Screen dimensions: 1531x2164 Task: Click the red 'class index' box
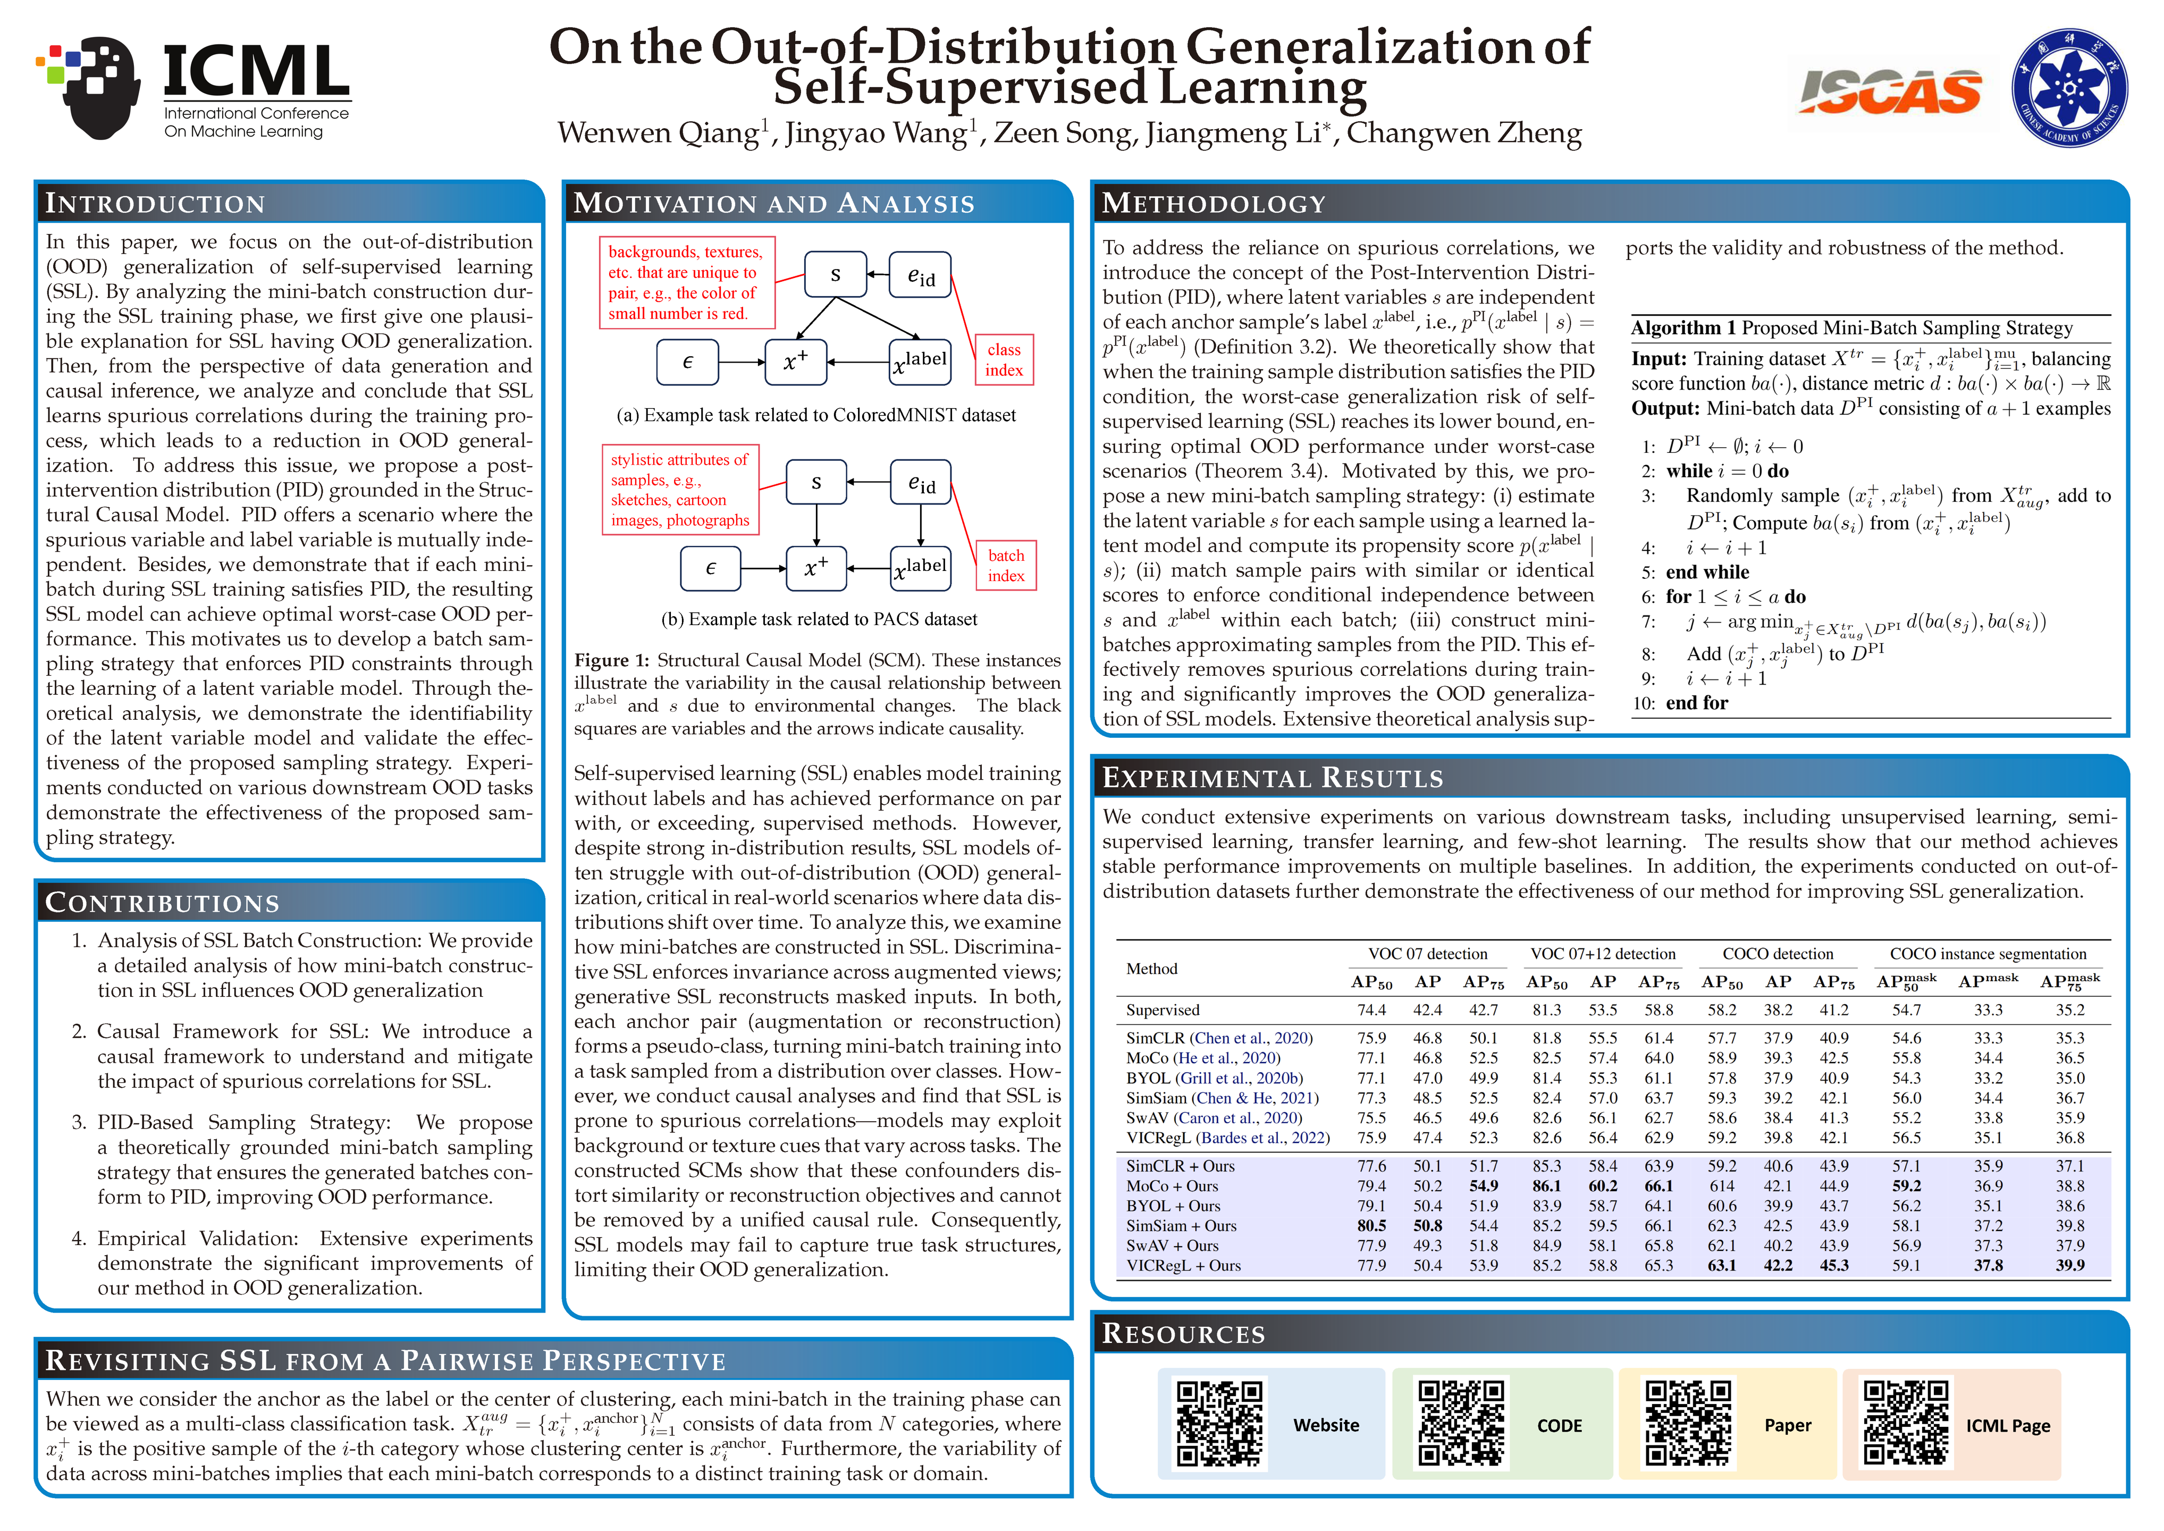click(1004, 359)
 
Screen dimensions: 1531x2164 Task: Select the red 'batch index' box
click(1006, 566)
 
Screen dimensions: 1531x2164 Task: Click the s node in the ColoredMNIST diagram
click(835, 274)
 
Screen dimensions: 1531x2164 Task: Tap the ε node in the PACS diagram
click(711, 568)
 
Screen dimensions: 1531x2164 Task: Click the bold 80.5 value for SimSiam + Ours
click(1371, 1225)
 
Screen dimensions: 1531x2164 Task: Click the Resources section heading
click(1184, 1333)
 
